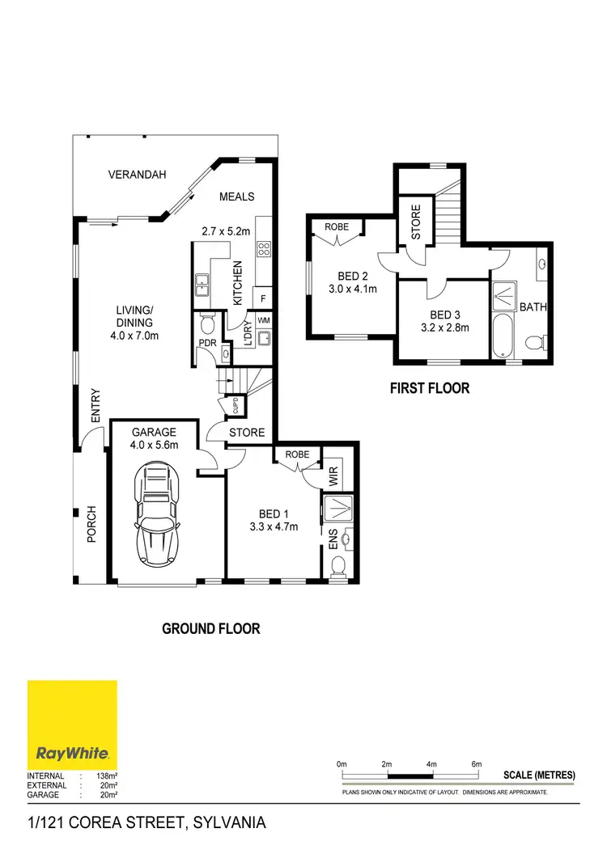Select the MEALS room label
click(x=236, y=197)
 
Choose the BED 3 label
click(x=445, y=315)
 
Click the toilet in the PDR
click(x=207, y=326)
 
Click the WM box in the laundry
click(x=263, y=321)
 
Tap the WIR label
click(x=334, y=477)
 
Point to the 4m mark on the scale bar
click(x=431, y=764)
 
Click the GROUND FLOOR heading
click(x=211, y=628)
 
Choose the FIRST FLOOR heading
click(x=430, y=388)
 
